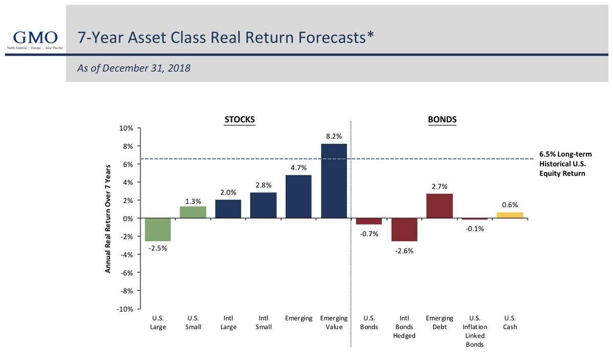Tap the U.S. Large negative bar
158,230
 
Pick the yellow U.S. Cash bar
510,215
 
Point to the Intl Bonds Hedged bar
404,230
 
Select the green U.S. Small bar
193,212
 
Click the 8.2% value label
334,137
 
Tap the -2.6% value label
404,251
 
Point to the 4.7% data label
299,168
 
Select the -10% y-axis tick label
125,309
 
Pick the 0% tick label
128,218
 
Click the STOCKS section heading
240,120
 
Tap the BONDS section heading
442,120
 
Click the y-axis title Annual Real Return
108,218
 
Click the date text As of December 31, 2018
133,68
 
